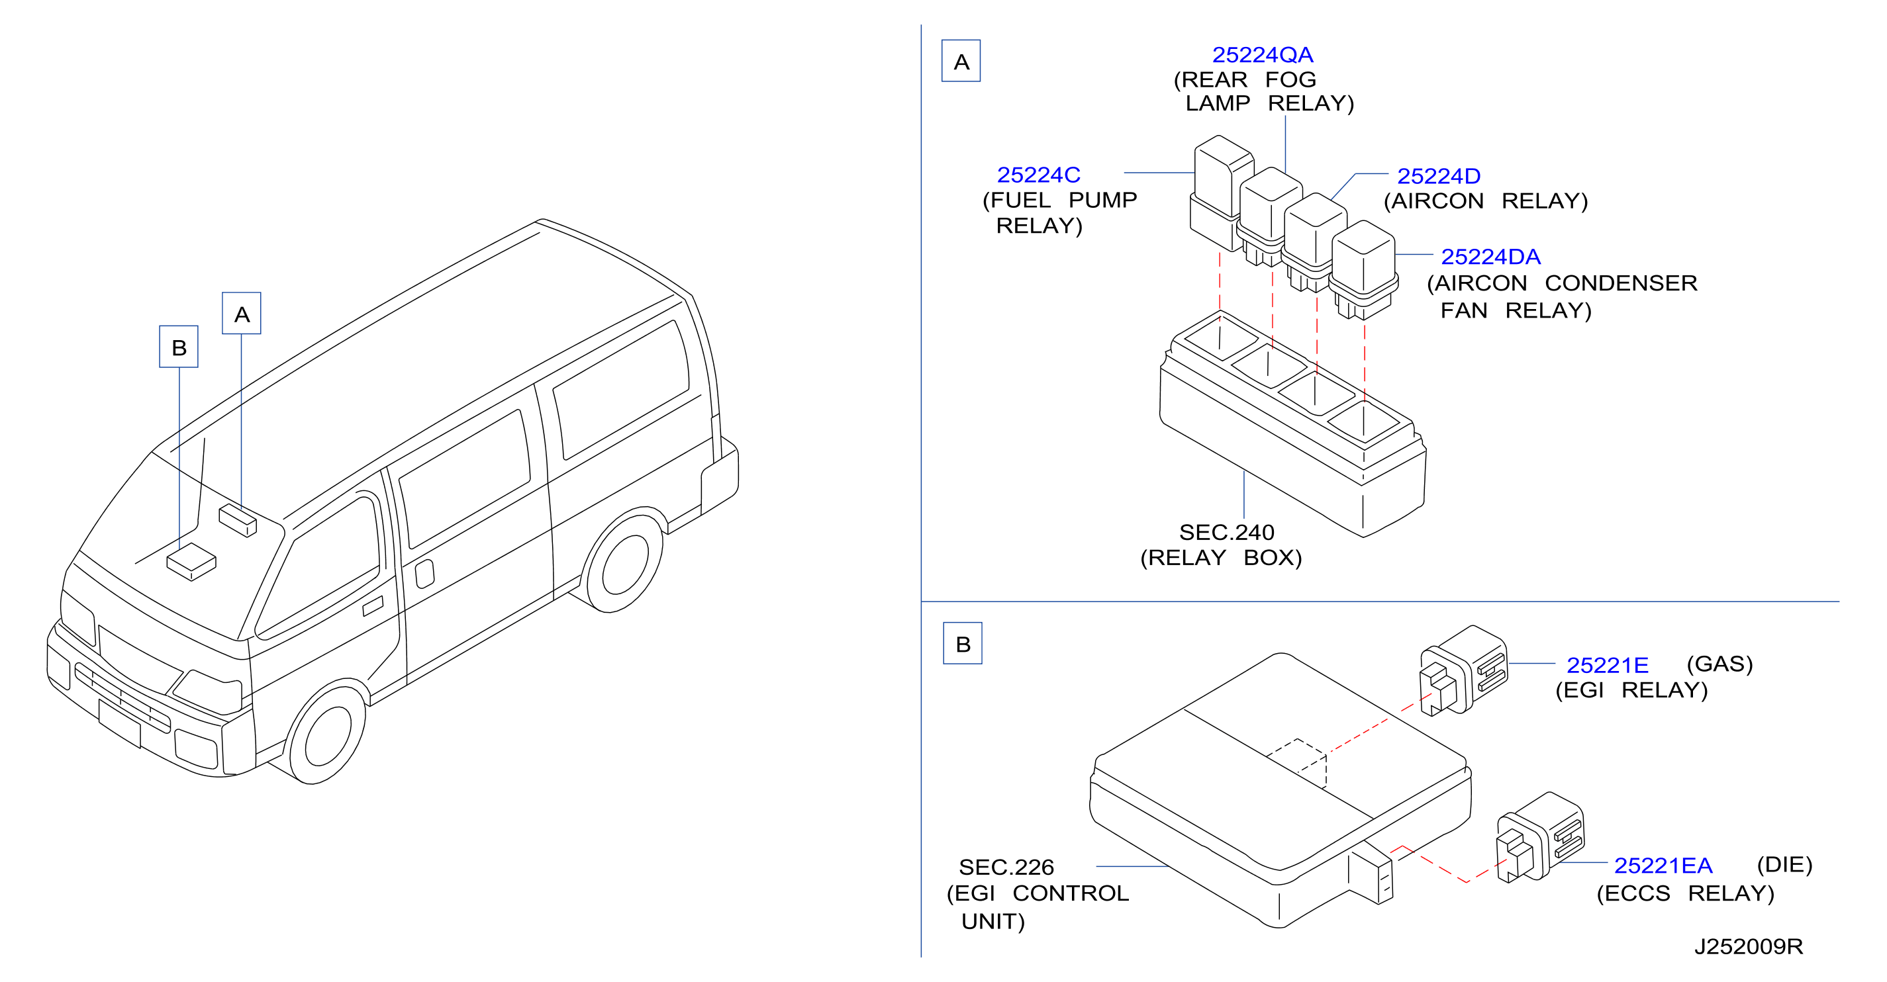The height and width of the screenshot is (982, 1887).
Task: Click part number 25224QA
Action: [x=1262, y=55]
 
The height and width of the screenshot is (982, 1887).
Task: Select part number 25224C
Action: [x=1038, y=175]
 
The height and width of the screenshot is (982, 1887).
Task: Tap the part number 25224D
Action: [x=1439, y=177]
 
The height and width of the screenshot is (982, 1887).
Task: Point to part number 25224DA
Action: [x=1490, y=257]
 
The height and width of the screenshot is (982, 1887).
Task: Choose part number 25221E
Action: [x=1607, y=665]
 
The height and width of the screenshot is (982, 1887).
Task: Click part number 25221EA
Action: [x=1663, y=866]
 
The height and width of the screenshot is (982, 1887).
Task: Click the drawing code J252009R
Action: [x=1749, y=947]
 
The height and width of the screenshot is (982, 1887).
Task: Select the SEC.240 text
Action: [x=1226, y=533]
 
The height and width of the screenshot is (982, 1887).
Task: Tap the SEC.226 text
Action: [x=1006, y=867]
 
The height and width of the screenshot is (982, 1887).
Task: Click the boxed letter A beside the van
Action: [x=242, y=314]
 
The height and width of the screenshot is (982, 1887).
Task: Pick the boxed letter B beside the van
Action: [x=179, y=346]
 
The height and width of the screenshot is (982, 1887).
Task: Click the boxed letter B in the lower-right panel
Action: [x=963, y=644]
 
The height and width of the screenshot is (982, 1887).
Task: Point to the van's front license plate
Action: [x=119, y=721]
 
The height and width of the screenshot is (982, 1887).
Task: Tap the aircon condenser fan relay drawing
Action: [x=1363, y=270]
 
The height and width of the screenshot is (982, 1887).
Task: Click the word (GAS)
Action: [x=1719, y=664]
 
